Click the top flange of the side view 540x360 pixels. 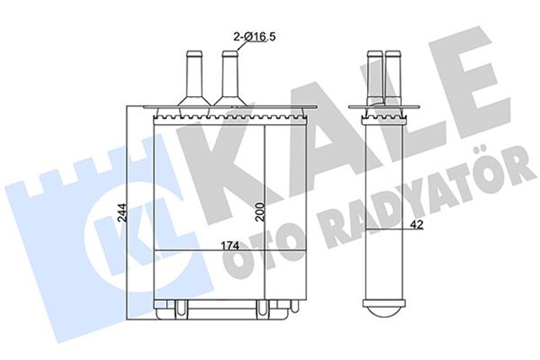(383, 108)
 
